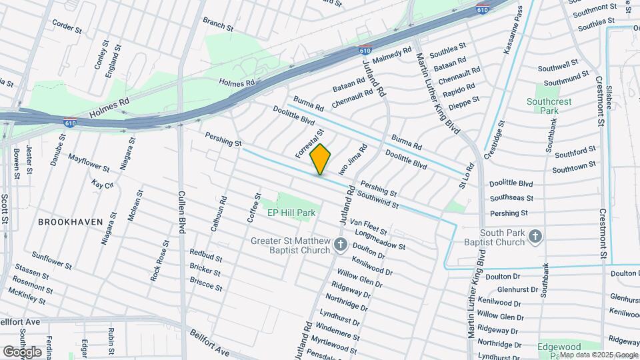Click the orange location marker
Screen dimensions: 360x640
click(x=320, y=159)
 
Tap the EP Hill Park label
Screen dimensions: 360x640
click(x=291, y=213)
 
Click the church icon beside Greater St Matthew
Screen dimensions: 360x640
click(x=341, y=245)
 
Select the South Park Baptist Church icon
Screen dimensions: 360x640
click(x=535, y=235)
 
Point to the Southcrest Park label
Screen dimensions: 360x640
click(x=550, y=107)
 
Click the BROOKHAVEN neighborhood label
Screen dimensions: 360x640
click(x=70, y=221)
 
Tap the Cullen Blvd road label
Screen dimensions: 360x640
click(x=181, y=211)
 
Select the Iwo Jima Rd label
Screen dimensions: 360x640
click(x=353, y=160)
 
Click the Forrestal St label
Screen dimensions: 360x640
click(x=309, y=143)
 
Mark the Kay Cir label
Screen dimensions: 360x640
click(x=103, y=184)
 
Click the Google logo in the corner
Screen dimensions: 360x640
click(x=22, y=351)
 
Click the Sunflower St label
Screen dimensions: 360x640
click(x=52, y=261)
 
